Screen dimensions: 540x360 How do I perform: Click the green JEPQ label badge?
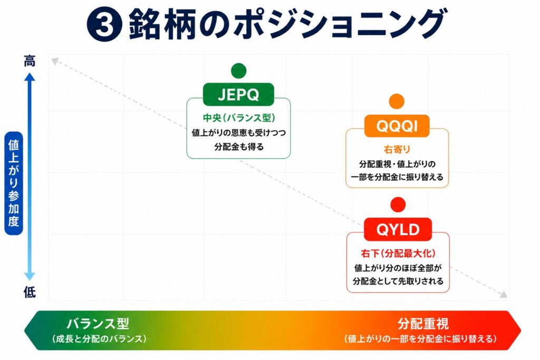pyautogui.click(x=238, y=94)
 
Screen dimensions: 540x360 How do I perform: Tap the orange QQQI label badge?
pyautogui.click(x=397, y=126)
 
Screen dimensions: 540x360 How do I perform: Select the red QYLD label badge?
pyautogui.click(x=398, y=229)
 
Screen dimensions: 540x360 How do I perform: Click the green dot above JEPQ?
pyautogui.click(x=239, y=71)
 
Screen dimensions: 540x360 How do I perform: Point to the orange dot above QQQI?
pyautogui.click(x=397, y=102)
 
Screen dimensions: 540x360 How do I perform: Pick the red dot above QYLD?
pyautogui.click(x=398, y=205)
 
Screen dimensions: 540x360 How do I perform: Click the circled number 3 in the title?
pyautogui.click(x=104, y=24)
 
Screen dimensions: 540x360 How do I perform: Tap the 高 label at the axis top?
pyautogui.click(x=30, y=61)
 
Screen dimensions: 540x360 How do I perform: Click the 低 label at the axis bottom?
pyautogui.click(x=30, y=292)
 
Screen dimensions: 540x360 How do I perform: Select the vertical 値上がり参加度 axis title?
pyautogui.click(x=14, y=183)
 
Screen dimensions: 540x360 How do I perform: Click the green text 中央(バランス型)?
pyautogui.click(x=239, y=118)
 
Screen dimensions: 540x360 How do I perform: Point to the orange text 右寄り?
pyautogui.click(x=397, y=149)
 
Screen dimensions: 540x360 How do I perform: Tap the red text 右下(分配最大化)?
pyautogui.click(x=398, y=254)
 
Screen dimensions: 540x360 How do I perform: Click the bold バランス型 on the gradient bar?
pyautogui.click(x=98, y=324)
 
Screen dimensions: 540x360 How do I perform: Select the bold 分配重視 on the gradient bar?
pyautogui.click(x=423, y=324)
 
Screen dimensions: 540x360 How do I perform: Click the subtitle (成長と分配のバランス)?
pyautogui.click(x=99, y=339)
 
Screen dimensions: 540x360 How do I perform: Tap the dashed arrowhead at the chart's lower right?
pyautogui.click(x=504, y=295)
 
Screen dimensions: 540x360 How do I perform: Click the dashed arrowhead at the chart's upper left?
pyautogui.click(x=54, y=61)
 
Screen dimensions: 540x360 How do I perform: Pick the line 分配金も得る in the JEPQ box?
pyautogui.click(x=239, y=147)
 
